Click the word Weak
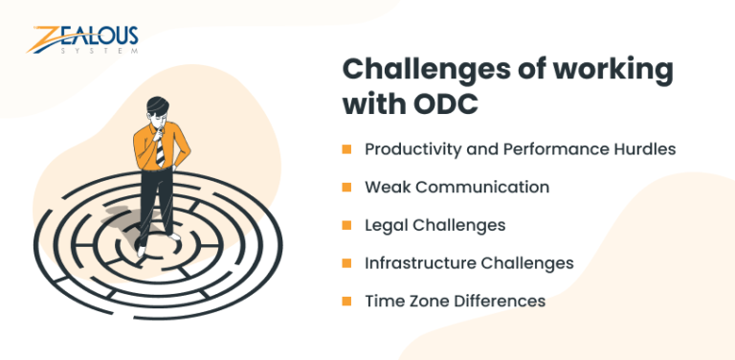pyautogui.click(x=385, y=188)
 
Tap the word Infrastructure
pyautogui.click(x=416, y=263)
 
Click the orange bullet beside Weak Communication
pyautogui.click(x=346, y=188)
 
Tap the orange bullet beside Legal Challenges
pyautogui.click(x=346, y=226)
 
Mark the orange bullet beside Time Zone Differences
pyautogui.click(x=346, y=302)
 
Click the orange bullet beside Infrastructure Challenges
pyautogui.click(x=346, y=263)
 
